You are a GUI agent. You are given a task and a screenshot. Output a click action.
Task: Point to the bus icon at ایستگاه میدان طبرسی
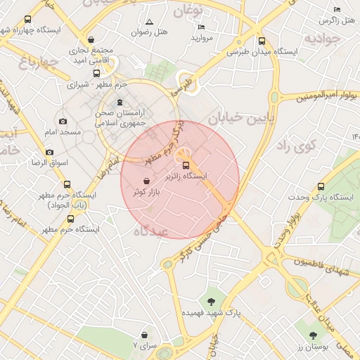(262, 41)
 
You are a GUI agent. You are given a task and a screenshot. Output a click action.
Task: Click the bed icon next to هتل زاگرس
(336, 9)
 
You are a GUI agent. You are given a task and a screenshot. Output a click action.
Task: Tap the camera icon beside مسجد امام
(63, 121)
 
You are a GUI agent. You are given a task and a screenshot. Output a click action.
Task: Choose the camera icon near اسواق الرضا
(49, 152)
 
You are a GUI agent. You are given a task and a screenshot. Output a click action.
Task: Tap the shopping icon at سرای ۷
(145, 335)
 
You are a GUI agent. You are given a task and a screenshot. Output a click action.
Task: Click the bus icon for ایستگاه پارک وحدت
(321, 186)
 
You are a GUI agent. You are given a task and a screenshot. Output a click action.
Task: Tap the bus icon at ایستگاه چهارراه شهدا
(28, 20)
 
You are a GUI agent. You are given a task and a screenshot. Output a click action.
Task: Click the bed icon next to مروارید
(202, 27)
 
